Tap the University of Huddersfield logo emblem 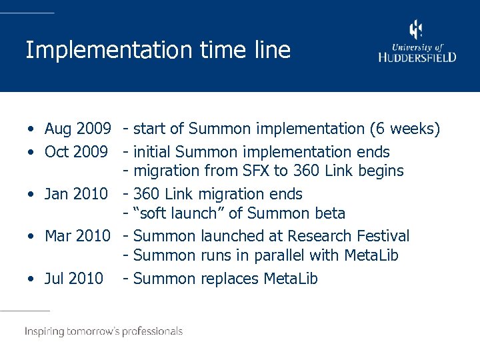pyautogui.click(x=416, y=30)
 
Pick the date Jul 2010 pyautogui.click(x=73, y=279)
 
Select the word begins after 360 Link pyautogui.click(x=381, y=171)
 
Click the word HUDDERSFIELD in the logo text pyautogui.click(x=417, y=57)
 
